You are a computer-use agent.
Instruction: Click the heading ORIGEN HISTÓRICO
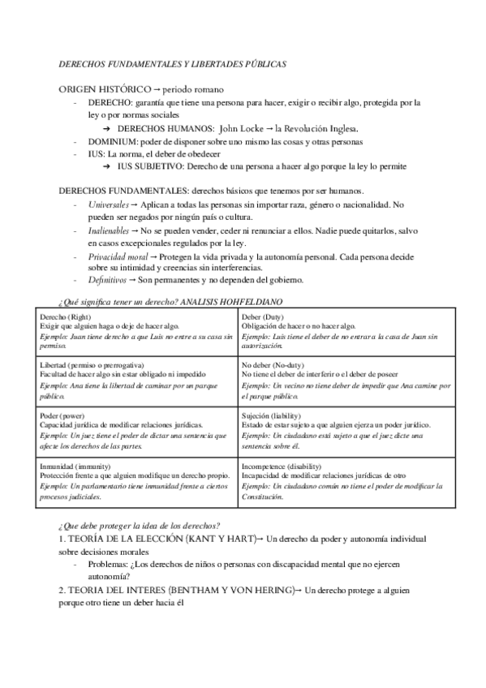(105, 88)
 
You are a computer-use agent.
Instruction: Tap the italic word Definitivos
(108, 281)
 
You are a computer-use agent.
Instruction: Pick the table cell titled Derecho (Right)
(137, 330)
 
